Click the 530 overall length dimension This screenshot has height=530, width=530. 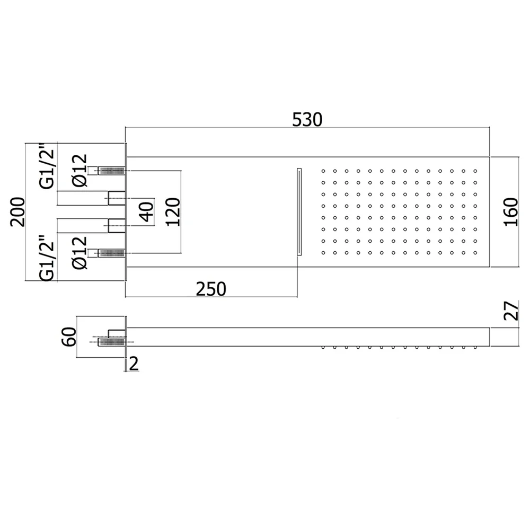(x=307, y=120)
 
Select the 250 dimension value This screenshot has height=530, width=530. (x=211, y=289)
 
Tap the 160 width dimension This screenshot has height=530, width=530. (x=511, y=212)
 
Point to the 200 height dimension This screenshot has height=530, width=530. (x=17, y=212)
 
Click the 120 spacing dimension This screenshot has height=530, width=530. (x=173, y=212)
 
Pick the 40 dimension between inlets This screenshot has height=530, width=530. (x=147, y=212)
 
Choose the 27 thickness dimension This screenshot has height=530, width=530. (x=511, y=311)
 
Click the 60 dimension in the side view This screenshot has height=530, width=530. (x=68, y=337)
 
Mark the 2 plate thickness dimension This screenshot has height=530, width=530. (x=134, y=364)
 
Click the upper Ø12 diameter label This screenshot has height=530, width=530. (x=80, y=171)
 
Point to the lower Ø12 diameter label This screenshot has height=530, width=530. (x=80, y=253)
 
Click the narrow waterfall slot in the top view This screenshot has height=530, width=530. (x=299, y=212)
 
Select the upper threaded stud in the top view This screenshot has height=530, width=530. (x=111, y=171)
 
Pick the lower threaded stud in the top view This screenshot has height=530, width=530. (x=111, y=253)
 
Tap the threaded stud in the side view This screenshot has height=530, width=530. (x=111, y=342)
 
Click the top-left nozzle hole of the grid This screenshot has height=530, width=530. (x=323, y=171)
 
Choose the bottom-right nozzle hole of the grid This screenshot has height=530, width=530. (x=475, y=252)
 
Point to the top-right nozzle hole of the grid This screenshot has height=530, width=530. (x=475, y=171)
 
